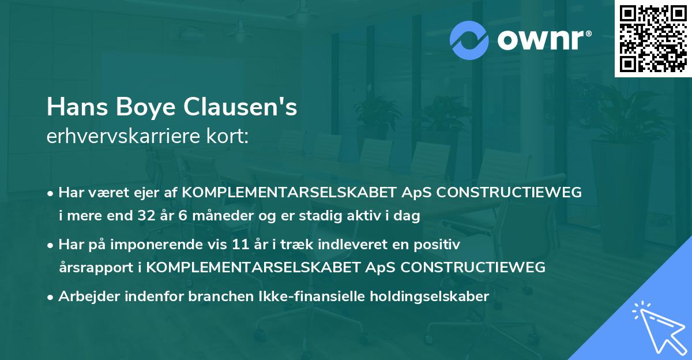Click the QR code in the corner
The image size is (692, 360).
tap(653, 38)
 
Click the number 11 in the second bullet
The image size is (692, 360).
tap(239, 245)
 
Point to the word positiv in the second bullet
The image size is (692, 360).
tap(441, 245)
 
